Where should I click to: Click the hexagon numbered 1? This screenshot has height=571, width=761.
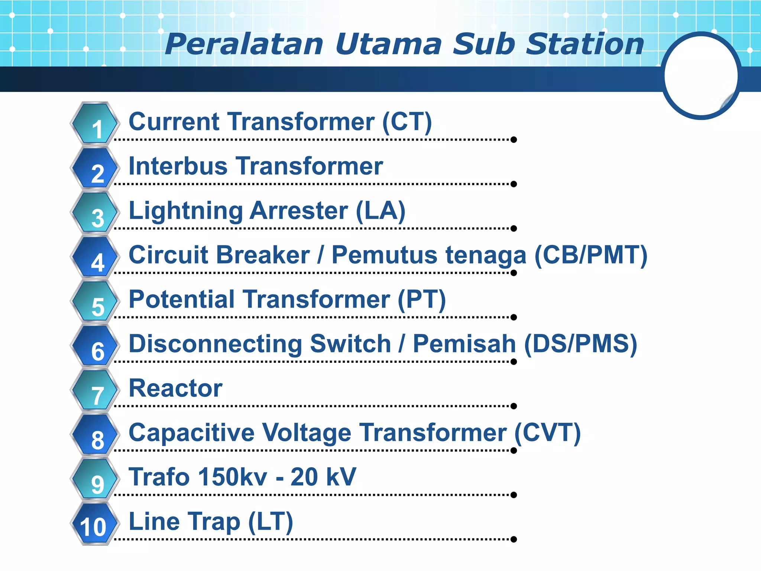pos(95,124)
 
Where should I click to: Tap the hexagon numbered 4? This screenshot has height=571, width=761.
pos(95,257)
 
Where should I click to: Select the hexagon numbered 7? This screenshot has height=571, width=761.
pos(95,390)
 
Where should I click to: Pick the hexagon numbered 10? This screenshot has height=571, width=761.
pos(95,524)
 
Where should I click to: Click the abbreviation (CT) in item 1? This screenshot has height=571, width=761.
pos(407,122)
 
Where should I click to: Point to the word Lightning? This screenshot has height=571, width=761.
pos(186,211)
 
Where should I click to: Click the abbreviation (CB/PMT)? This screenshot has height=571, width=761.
pos(591,255)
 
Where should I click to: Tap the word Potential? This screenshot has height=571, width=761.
pos(182,299)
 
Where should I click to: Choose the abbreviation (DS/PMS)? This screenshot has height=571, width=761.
pos(580,344)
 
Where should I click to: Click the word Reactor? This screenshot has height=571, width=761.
pos(175,388)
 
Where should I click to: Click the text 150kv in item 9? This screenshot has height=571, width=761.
pos(233,477)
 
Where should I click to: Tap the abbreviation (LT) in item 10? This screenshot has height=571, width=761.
pos(271,522)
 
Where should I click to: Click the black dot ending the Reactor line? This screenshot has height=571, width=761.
pos(514,406)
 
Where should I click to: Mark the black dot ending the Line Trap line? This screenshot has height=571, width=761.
pos(514,539)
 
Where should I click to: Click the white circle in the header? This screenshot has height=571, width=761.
pos(701,76)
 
